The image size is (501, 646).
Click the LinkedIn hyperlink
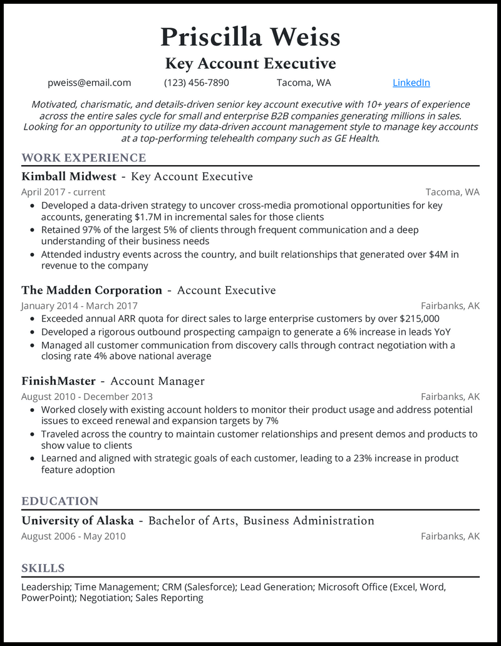click(411, 83)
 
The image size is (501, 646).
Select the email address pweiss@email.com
click(89, 83)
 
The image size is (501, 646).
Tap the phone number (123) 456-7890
click(197, 83)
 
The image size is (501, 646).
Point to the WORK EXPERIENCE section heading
click(83, 158)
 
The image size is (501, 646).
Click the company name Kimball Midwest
click(69, 177)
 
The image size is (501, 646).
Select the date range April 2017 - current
click(63, 192)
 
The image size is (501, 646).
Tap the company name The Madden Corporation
click(91, 290)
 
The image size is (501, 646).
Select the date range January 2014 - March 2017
click(79, 306)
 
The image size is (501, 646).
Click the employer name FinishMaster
click(58, 381)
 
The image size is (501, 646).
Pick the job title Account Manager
click(157, 381)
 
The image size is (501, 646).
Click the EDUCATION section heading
click(59, 501)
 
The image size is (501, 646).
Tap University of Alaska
click(78, 521)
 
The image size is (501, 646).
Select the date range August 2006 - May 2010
click(73, 536)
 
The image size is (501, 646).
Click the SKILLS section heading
click(43, 568)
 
